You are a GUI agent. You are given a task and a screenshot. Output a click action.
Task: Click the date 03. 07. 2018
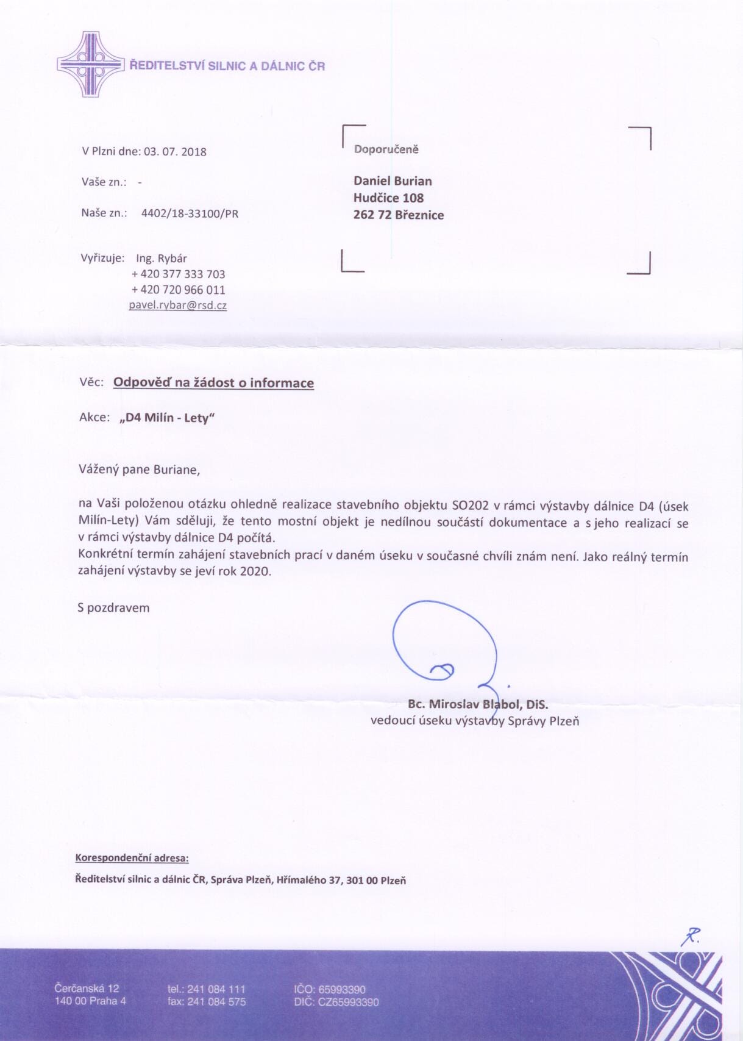point(175,152)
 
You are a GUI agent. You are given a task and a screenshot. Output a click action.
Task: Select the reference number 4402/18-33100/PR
point(190,213)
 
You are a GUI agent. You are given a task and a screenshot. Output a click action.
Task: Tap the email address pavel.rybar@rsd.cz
point(177,305)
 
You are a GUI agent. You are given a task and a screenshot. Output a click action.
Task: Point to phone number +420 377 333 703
point(178,274)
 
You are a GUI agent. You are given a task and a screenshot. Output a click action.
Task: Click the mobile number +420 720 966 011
point(178,290)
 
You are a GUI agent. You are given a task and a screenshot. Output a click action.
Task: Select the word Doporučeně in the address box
point(386,149)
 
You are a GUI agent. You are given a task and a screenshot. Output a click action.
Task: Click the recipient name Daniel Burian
point(393,181)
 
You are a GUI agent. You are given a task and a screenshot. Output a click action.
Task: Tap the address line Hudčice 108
point(388,198)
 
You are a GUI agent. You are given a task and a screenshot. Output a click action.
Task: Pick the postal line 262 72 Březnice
point(399,215)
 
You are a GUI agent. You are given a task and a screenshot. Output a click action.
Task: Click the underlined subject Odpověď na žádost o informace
point(213,383)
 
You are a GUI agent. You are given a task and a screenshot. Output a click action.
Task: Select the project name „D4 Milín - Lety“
point(168,418)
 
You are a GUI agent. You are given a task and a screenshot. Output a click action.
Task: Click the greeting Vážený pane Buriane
point(139,470)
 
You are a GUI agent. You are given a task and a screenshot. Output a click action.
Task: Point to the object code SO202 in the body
point(471,505)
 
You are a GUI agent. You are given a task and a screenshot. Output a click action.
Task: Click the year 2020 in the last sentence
point(255,571)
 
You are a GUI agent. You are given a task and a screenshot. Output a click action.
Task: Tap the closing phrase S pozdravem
point(113,607)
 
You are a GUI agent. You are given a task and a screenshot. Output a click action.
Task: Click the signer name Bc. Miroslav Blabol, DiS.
point(478,704)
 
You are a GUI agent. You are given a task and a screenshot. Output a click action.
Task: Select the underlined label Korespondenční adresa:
point(132,857)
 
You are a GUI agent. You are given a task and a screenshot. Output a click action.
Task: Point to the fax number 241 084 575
point(216,1001)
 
